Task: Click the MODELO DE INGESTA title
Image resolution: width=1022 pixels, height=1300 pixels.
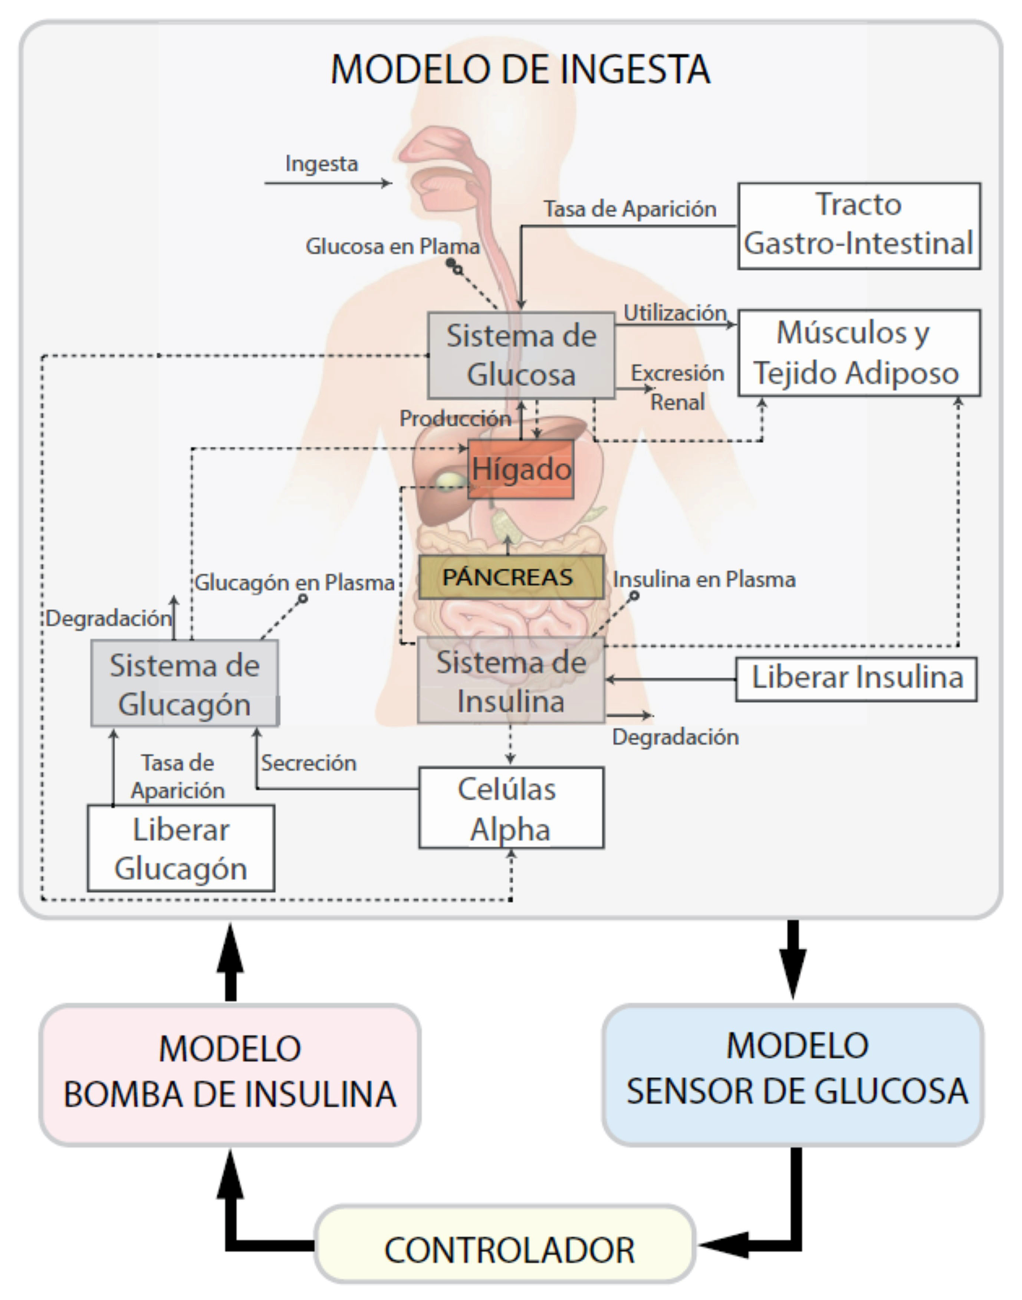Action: (520, 69)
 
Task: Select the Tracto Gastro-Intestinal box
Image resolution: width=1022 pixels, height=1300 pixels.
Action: (859, 226)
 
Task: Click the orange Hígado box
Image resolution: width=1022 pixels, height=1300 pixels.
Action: (520, 469)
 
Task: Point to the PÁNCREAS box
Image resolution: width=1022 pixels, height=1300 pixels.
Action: (510, 577)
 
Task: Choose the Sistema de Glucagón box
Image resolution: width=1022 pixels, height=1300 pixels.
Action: (184, 683)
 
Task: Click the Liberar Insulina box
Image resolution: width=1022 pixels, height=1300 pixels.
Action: (856, 679)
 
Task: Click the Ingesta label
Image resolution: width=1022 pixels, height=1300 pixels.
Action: (321, 163)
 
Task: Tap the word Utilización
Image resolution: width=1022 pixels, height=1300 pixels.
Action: (674, 312)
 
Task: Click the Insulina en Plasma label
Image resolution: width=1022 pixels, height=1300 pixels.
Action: (704, 580)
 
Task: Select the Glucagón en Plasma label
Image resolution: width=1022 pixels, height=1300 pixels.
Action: (294, 582)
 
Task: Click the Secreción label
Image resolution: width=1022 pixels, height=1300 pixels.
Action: (308, 762)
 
